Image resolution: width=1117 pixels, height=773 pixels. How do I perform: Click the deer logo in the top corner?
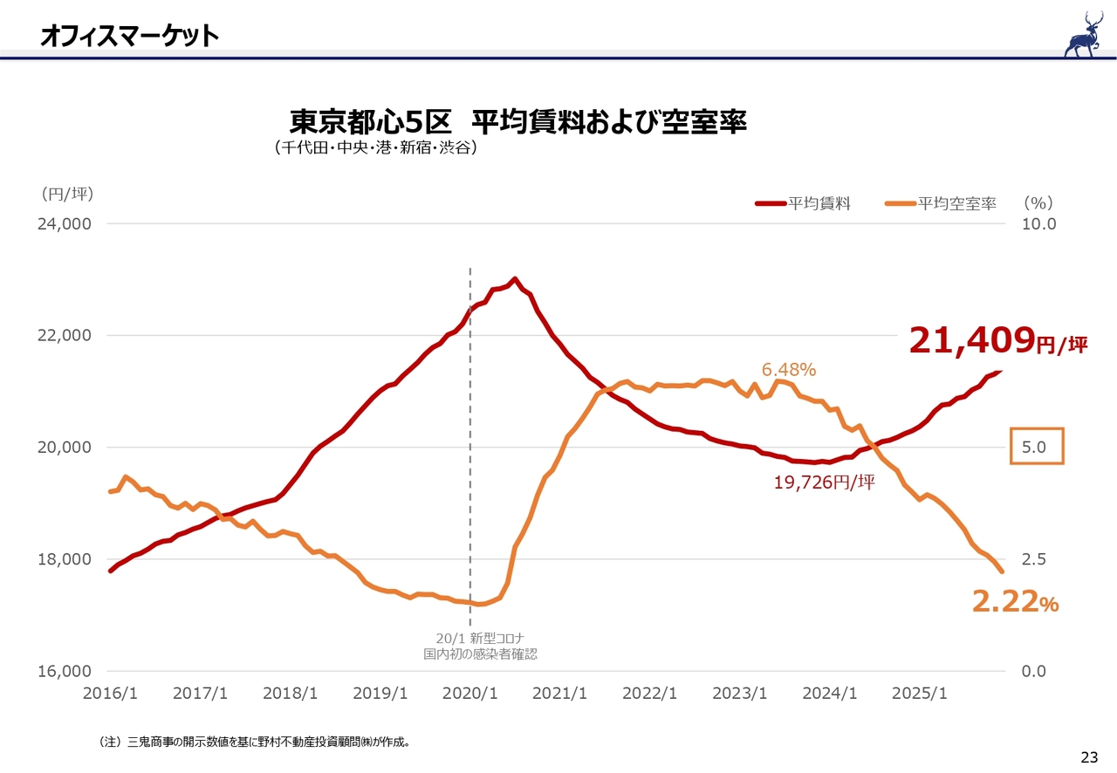pyautogui.click(x=1084, y=35)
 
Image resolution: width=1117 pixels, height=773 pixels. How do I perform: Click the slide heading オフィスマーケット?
pyautogui.click(x=129, y=36)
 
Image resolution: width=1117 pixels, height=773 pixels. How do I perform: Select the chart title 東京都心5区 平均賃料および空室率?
pyautogui.click(x=517, y=121)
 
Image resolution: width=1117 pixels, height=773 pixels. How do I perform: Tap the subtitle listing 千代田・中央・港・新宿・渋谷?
pyautogui.click(x=376, y=148)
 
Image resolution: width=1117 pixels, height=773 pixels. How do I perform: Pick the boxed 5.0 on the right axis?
pyautogui.click(x=1037, y=447)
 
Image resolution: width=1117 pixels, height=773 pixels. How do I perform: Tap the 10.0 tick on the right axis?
pyautogui.click(x=1038, y=223)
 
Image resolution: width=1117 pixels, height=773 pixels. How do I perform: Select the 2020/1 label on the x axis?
pyautogui.click(x=470, y=694)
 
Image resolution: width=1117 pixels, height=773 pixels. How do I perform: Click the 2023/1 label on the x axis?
pyautogui.click(x=739, y=694)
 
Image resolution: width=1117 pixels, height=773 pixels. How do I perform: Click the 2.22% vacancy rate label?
pyautogui.click(x=1015, y=601)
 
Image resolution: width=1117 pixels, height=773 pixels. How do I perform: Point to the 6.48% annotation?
pyautogui.click(x=789, y=370)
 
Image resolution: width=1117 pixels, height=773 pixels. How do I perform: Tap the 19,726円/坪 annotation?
pyautogui.click(x=824, y=482)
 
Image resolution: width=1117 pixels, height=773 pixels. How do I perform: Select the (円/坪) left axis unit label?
pyautogui.click(x=66, y=194)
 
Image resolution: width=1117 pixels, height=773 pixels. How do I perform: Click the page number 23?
pyautogui.click(x=1089, y=756)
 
